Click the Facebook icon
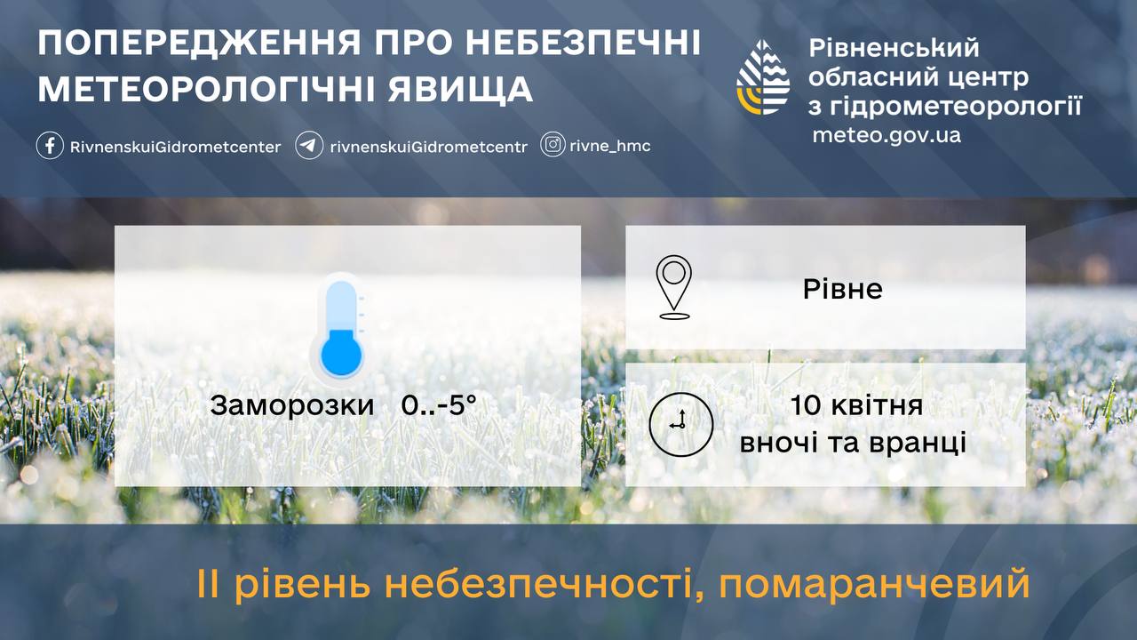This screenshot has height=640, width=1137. click(50, 146)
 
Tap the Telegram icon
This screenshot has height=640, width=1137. click(309, 146)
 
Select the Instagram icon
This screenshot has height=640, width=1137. click(553, 145)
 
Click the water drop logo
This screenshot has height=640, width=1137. click(763, 77)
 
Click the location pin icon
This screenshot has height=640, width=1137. click(673, 287)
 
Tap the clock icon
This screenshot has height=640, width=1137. click(680, 424)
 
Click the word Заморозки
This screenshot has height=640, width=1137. click(292, 406)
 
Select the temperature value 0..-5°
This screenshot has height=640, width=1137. click(439, 405)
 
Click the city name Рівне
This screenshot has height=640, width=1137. click(843, 289)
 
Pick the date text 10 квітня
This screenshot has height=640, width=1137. click(857, 406)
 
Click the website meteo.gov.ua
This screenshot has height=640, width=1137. click(887, 135)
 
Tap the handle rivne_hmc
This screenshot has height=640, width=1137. click(610, 147)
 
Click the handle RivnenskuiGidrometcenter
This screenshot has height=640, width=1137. click(176, 148)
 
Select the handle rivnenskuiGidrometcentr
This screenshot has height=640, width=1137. click(429, 148)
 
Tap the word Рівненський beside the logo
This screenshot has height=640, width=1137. click(894, 49)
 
